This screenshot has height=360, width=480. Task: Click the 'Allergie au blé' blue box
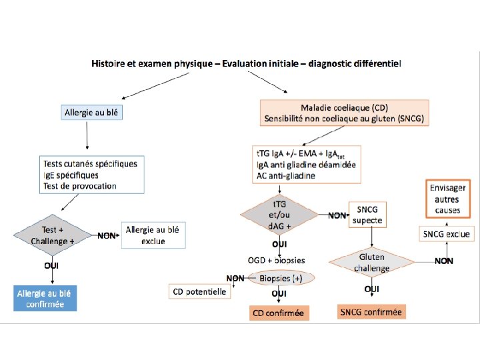pyautogui.click(x=92, y=113)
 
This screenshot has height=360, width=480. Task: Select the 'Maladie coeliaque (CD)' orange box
pyautogui.click(x=344, y=113)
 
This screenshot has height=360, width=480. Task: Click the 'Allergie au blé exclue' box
pyautogui.click(x=153, y=235)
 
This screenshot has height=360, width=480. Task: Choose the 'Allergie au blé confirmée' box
pyautogui.click(x=46, y=298)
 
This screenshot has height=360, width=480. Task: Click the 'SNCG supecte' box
pyautogui.click(x=367, y=215)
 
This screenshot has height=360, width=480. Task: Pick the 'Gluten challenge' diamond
pyautogui.click(x=371, y=262)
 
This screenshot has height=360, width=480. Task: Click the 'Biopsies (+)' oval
pyautogui.click(x=281, y=279)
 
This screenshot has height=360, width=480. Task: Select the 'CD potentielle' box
pyautogui.click(x=200, y=291)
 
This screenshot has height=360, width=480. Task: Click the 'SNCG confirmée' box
pyautogui.click(x=371, y=311)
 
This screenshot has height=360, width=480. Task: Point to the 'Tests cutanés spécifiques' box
pyautogui.click(x=89, y=175)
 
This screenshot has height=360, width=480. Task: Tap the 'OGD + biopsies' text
pyautogui.click(x=277, y=259)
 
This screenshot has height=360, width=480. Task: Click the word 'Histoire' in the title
pyautogui.click(x=110, y=64)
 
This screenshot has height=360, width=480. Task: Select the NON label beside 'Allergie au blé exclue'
pyautogui.click(x=107, y=235)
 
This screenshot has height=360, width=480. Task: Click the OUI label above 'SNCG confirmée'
pyautogui.click(x=372, y=289)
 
